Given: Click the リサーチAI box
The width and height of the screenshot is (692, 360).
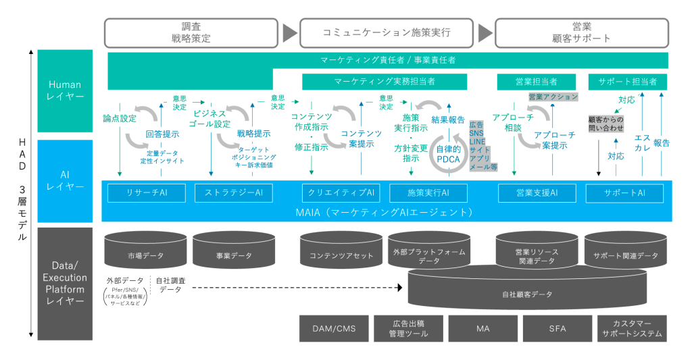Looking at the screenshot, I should tap(146, 192).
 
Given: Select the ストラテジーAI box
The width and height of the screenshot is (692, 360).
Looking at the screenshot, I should tap(233, 192).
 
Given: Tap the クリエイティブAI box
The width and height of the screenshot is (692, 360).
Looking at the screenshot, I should tap(341, 192).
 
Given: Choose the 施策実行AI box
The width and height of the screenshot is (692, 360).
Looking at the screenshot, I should tap(428, 192).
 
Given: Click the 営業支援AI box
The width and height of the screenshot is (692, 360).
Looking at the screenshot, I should tap(537, 192).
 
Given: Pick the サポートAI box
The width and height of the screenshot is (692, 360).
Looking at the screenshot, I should tap(625, 192).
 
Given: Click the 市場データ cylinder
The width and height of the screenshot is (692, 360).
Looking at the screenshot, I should tap(145, 255).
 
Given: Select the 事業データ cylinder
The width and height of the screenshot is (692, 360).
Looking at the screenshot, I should tap(233, 255).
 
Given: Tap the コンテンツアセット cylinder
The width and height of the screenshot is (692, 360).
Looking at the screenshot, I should tap(341, 255).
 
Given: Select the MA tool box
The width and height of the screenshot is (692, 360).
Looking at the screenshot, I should tap(483, 329).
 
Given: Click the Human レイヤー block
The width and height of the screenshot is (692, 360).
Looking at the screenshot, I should tap(65, 91).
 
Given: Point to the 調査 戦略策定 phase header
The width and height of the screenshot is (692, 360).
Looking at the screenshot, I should tap(191, 32).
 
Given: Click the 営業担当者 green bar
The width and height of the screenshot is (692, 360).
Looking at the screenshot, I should tap(537, 82).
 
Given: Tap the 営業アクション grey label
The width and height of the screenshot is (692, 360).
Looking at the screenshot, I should tap(553, 97).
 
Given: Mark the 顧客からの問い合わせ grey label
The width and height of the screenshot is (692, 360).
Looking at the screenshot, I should tap(606, 124).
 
